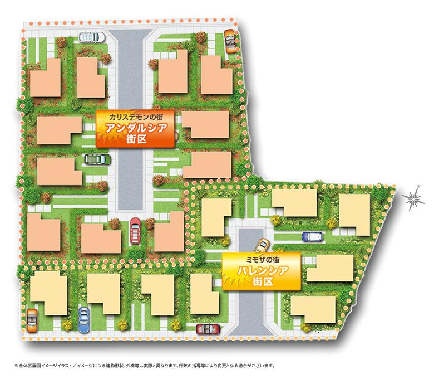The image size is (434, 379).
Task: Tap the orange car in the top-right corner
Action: (x=229, y=40)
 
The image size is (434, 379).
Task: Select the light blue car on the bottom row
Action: (x=84, y=319)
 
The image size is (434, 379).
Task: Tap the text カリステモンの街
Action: (x=135, y=118)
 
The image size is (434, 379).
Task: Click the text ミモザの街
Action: (x=262, y=259)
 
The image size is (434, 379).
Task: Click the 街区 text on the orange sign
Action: (x=135, y=140)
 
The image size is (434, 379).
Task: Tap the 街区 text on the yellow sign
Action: (x=262, y=282)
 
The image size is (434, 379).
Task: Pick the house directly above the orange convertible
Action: (x=48, y=293)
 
